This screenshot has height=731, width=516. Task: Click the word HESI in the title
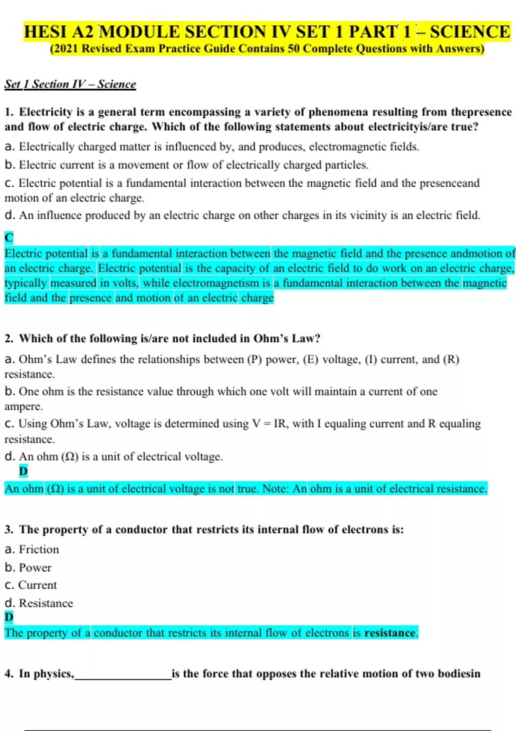pos(46,32)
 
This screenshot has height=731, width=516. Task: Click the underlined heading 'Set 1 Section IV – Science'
pos(70,84)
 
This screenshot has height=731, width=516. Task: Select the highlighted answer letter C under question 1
pos(9,237)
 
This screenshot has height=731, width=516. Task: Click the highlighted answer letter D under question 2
pos(23,471)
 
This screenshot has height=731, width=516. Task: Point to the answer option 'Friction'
pos(39,550)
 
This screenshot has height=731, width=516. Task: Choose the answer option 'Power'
pos(35,568)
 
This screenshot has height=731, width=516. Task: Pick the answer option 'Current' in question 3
pos(37,585)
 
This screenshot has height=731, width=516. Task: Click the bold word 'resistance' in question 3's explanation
pos(390,633)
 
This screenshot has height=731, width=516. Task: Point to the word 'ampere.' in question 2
pos(24,406)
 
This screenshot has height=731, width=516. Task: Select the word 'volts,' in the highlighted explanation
pos(126,283)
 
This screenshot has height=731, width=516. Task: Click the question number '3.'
pos(9,530)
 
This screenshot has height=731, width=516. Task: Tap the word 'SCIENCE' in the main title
pos(470,32)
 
